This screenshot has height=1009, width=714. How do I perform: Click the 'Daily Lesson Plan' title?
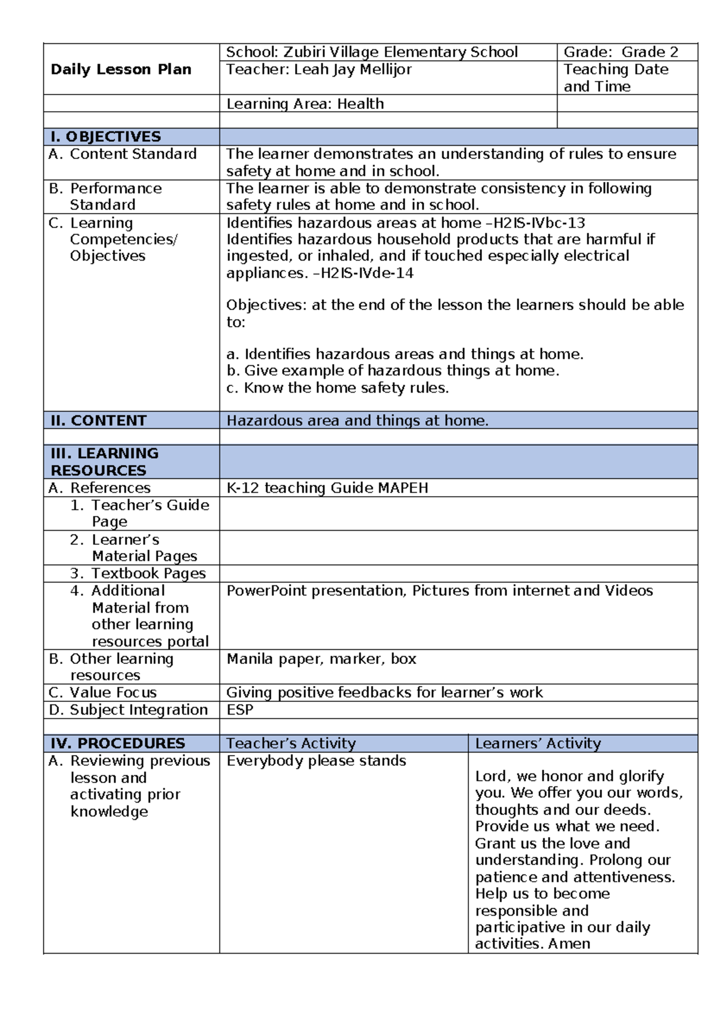tap(121, 70)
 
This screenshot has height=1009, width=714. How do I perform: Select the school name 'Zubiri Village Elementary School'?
tap(400, 52)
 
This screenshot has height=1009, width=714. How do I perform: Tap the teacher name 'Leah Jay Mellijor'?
tap(352, 70)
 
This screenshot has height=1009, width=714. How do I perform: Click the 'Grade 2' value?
tap(650, 52)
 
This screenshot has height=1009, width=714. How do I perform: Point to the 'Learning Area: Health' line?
tap(305, 104)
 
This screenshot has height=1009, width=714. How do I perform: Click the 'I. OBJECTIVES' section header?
tap(105, 137)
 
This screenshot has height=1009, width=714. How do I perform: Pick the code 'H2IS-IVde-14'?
tap(367, 273)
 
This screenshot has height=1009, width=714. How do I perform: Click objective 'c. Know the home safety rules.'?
tap(337, 388)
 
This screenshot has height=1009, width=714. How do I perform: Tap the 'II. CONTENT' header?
tap(98, 421)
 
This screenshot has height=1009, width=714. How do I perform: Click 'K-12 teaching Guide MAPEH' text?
tap(327, 488)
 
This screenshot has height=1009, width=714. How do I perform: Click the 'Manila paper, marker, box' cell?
tap(321, 659)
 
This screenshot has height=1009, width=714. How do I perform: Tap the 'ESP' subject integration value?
tap(240, 710)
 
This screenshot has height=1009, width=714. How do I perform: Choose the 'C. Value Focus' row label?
tap(104, 692)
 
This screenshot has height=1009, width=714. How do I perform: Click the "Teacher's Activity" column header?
tap(291, 743)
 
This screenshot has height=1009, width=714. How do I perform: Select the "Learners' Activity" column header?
tap(538, 743)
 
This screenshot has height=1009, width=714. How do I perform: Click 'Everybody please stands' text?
tap(316, 761)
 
